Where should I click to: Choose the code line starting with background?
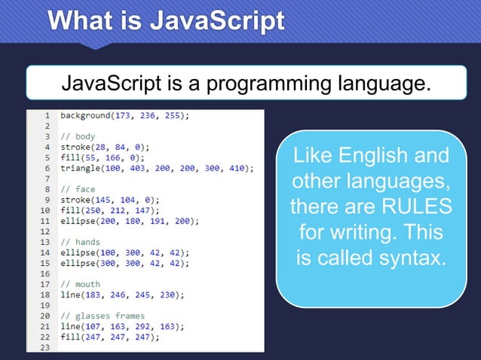pyautogui.click(x=124, y=116)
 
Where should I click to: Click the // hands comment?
pyautogui.click(x=80, y=243)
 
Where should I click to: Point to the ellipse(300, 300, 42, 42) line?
pyautogui.click(x=124, y=264)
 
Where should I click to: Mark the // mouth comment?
pyautogui.click(x=80, y=285)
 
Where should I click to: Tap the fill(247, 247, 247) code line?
pyautogui.click(x=110, y=337)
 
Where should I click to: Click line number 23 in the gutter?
pyautogui.click(x=44, y=348)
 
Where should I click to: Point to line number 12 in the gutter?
pyautogui.click(x=44, y=232)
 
